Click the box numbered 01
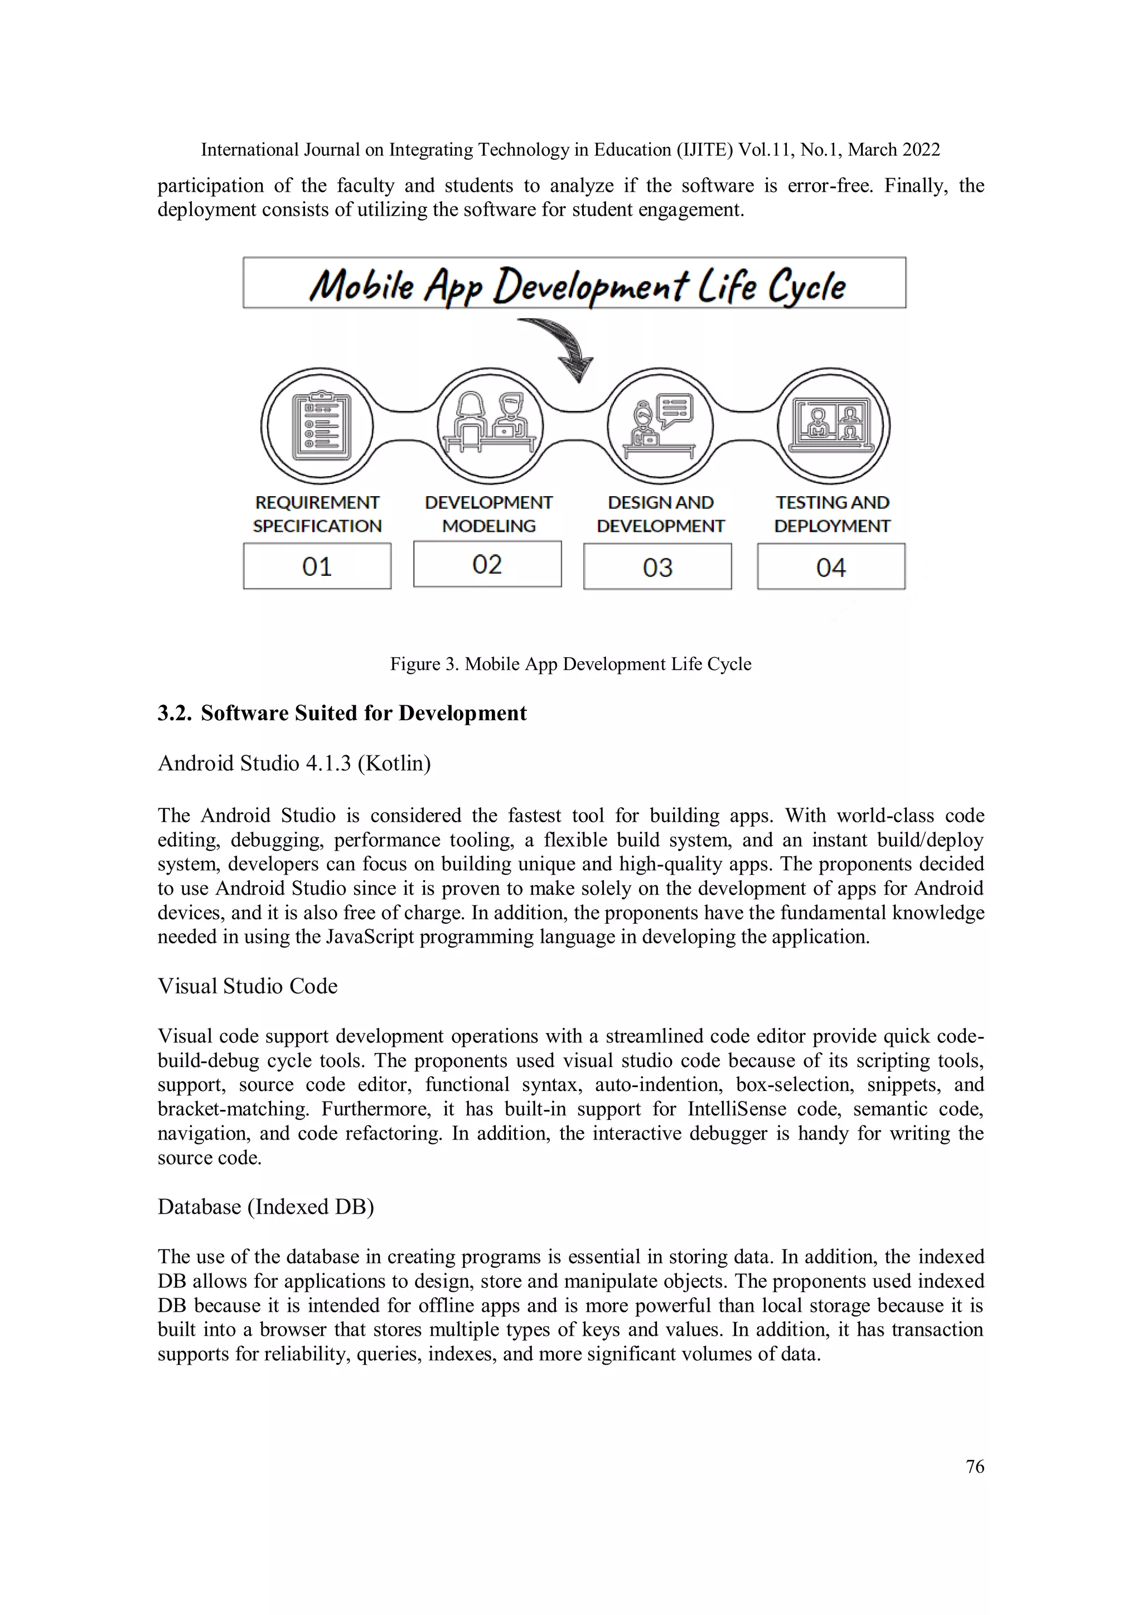317,566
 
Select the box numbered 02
487,564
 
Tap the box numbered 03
657,567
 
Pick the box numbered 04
831,567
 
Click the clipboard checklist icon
320,425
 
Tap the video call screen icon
833,424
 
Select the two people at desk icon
490,424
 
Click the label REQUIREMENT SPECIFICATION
317,514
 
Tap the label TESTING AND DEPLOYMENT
832,514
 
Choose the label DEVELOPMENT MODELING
488,514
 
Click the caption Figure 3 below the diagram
570,664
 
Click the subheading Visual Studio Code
248,986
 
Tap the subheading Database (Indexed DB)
265,1207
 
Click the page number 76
975,1467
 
